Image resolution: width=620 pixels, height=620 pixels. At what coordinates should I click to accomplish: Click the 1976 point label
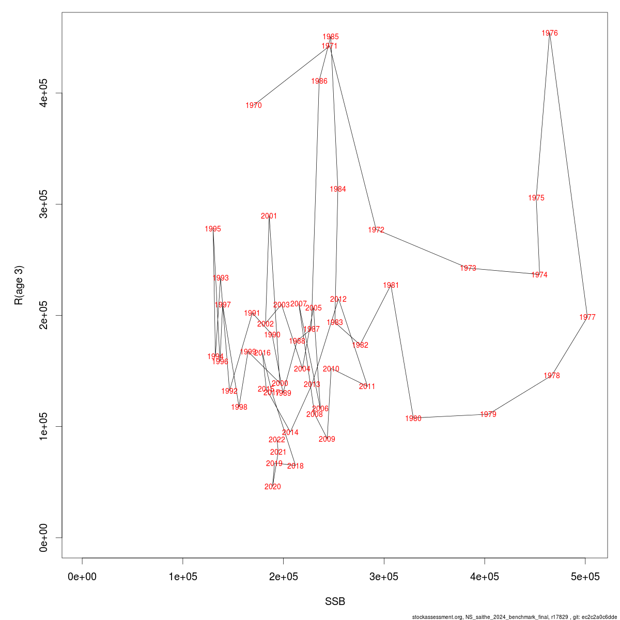[x=550, y=33]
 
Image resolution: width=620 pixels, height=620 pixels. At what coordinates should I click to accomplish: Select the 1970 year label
[x=254, y=105]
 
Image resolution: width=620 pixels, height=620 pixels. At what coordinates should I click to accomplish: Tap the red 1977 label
[x=587, y=317]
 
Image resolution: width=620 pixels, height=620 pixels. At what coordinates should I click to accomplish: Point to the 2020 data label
[x=273, y=487]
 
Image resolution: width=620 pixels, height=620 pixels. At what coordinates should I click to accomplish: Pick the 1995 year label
[x=213, y=229]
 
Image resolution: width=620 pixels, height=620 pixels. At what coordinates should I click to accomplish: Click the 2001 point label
[x=269, y=216]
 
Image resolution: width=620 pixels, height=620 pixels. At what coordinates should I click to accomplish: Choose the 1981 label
[x=391, y=285]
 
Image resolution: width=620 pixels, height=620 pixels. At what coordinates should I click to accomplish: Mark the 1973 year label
[x=468, y=268]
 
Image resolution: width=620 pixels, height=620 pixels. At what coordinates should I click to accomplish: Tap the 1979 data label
[x=488, y=414]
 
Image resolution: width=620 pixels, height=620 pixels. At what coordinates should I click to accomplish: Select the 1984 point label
[x=338, y=189]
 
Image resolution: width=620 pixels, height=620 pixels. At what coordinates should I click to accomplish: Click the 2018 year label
[x=296, y=466]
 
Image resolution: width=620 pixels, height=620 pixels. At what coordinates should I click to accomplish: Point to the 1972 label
[x=377, y=230]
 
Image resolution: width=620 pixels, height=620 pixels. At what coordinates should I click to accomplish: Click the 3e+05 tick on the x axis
[x=384, y=577]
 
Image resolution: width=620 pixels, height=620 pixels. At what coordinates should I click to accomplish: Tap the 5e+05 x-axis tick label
[x=585, y=577]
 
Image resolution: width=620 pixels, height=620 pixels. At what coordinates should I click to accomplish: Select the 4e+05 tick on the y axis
[x=44, y=93]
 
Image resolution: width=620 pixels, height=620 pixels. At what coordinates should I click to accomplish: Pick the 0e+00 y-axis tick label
[x=44, y=537]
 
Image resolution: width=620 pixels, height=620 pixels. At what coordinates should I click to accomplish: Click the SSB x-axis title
[x=335, y=602]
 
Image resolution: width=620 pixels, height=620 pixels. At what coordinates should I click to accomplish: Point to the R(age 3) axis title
[x=19, y=285]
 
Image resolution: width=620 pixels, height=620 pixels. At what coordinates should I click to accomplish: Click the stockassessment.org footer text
[x=515, y=617]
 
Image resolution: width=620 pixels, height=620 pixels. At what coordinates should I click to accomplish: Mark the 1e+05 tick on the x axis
[x=183, y=577]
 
